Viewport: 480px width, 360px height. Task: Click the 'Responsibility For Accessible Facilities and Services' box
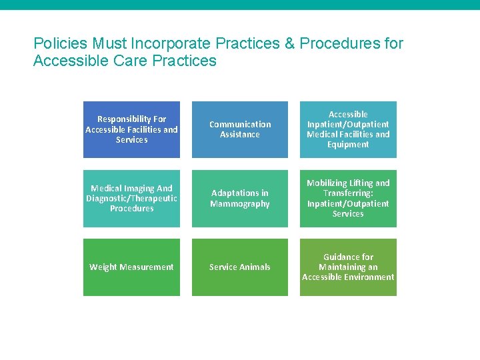click(131, 129)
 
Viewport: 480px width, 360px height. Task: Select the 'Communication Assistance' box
click(240, 129)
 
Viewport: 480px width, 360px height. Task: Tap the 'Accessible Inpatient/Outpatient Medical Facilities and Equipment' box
click(348, 129)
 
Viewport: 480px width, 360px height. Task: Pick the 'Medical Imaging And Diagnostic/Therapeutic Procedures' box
click(131, 199)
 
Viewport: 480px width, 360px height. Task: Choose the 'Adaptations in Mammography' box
click(240, 199)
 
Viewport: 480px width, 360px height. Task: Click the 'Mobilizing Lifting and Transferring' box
click(348, 199)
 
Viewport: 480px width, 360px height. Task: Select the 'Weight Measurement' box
click(131, 267)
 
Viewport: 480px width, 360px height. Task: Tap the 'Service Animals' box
click(240, 267)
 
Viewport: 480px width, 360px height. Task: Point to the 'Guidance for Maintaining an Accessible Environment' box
click(348, 267)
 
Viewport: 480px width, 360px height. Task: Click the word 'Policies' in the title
click(60, 44)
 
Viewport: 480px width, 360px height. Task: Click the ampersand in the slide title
click(289, 44)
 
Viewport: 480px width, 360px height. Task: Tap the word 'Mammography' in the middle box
click(240, 204)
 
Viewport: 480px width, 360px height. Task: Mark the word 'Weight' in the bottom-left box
click(103, 267)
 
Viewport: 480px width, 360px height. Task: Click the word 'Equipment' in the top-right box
click(348, 145)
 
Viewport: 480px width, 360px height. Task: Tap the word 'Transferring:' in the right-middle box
click(348, 193)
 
